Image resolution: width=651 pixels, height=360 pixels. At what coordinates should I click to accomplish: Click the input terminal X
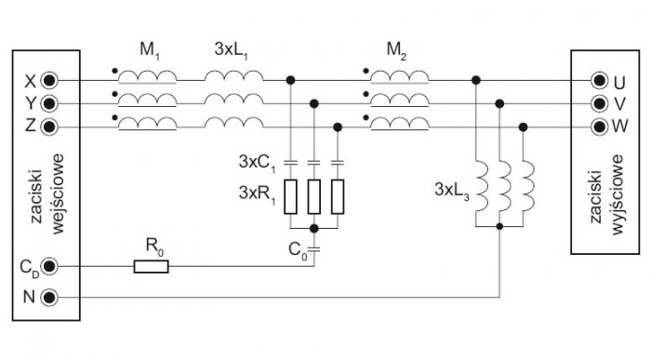tap(49, 81)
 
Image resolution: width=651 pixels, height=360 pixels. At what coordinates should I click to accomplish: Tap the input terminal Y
tap(49, 103)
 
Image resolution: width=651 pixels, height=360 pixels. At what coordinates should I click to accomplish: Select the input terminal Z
tap(49, 126)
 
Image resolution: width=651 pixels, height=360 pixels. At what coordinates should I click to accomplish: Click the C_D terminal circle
tap(49, 266)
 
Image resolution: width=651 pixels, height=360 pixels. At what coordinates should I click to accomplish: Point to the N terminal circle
tap(49, 298)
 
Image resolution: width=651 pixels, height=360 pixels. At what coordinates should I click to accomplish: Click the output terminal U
tap(599, 81)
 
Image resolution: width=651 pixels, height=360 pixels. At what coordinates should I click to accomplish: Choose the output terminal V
tap(599, 103)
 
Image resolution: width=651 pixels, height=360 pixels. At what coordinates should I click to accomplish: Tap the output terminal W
tap(599, 126)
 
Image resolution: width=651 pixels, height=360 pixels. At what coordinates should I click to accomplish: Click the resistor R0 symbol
tap(151, 267)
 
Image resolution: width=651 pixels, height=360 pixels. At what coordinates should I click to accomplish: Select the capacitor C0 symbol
tap(314, 249)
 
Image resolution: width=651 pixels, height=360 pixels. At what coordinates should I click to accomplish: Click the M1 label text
tap(150, 50)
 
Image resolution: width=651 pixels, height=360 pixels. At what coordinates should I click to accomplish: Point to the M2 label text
tap(396, 50)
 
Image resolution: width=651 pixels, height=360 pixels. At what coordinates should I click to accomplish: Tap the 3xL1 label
tap(232, 50)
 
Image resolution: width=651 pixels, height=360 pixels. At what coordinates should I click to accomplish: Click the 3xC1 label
tap(257, 163)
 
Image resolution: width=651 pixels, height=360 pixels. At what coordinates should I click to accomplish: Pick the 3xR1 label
tap(257, 193)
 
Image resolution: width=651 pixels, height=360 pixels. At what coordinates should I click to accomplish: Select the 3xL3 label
tap(452, 190)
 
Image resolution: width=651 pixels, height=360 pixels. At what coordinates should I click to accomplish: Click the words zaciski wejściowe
tap(47, 193)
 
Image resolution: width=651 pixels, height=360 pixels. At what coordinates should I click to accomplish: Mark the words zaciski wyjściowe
tap(606, 194)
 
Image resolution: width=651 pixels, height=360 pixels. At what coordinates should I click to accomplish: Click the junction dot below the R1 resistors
tap(314, 229)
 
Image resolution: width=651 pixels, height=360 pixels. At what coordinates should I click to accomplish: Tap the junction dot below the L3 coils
tap(499, 226)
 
